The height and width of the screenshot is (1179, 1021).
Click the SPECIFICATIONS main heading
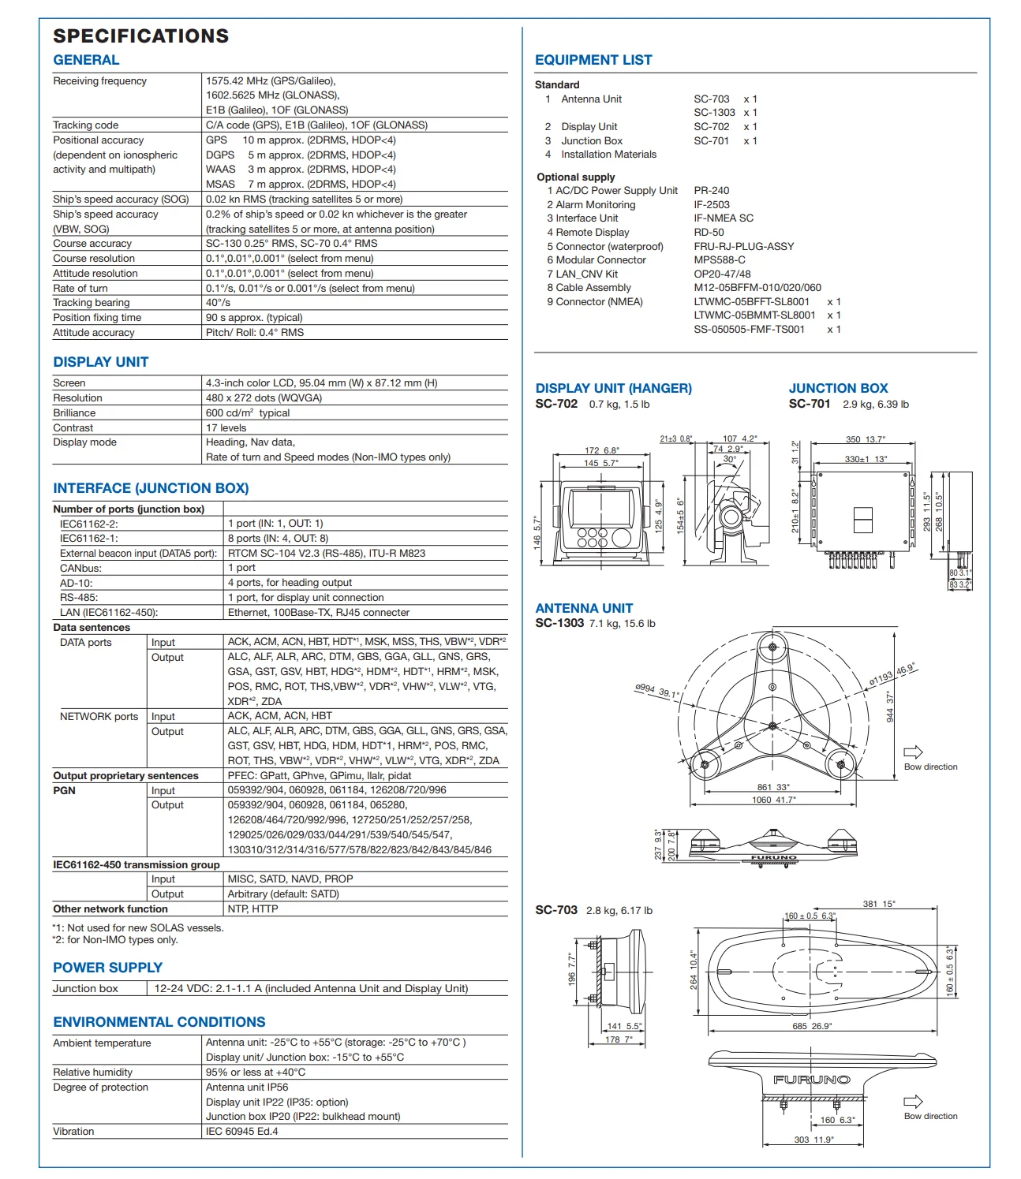(x=140, y=36)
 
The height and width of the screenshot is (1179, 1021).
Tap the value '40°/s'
(x=218, y=303)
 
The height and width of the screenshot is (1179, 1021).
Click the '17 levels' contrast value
(x=226, y=428)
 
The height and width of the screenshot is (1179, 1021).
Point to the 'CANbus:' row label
(x=80, y=568)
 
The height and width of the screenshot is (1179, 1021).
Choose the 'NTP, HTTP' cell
(x=252, y=909)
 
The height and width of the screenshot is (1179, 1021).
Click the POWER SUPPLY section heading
(x=107, y=968)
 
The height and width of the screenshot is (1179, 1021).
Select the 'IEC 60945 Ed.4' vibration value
(x=241, y=1132)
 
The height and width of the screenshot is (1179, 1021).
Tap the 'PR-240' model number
(x=711, y=191)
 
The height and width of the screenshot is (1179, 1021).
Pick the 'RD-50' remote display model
(x=709, y=233)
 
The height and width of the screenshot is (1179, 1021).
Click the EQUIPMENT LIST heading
(x=593, y=60)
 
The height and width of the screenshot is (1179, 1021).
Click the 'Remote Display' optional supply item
(x=592, y=233)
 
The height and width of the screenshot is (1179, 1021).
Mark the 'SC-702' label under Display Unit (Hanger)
(x=556, y=405)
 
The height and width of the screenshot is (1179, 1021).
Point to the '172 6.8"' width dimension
(x=601, y=450)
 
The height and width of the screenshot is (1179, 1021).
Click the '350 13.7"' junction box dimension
(x=865, y=439)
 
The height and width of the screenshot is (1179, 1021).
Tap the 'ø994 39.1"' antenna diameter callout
(x=656, y=691)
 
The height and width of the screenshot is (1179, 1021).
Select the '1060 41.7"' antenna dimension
(x=773, y=800)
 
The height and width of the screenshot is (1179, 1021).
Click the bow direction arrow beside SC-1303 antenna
(x=913, y=752)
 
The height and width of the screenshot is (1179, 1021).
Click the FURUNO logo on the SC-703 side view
(x=811, y=1080)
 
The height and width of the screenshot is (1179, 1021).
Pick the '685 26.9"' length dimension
(x=812, y=1026)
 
